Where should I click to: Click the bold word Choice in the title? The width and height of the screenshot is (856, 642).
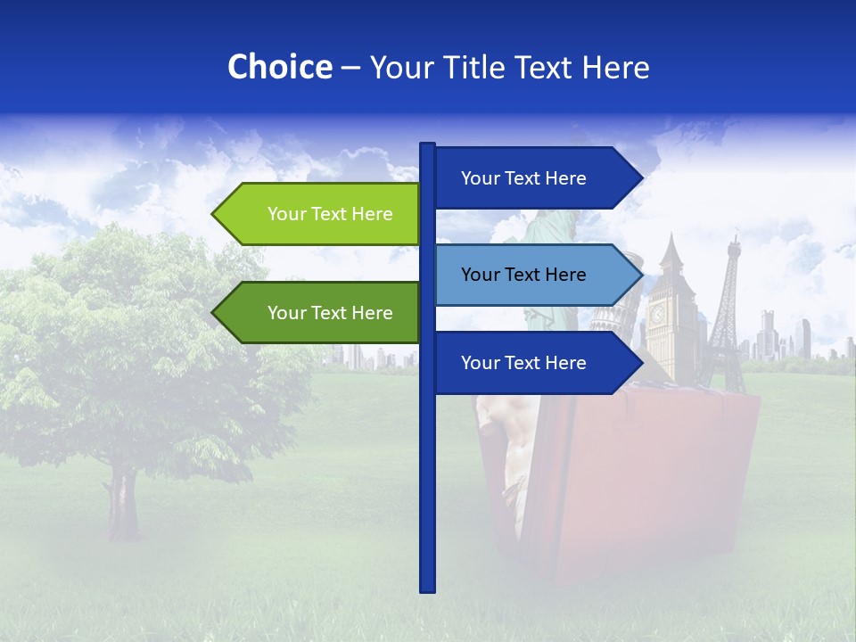(x=279, y=68)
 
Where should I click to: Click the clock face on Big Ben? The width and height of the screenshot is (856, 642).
(x=657, y=314)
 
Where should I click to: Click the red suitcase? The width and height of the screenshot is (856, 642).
(x=642, y=481)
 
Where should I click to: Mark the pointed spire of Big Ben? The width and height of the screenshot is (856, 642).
(x=670, y=239)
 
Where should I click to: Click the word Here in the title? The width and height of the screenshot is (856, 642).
(x=615, y=68)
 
